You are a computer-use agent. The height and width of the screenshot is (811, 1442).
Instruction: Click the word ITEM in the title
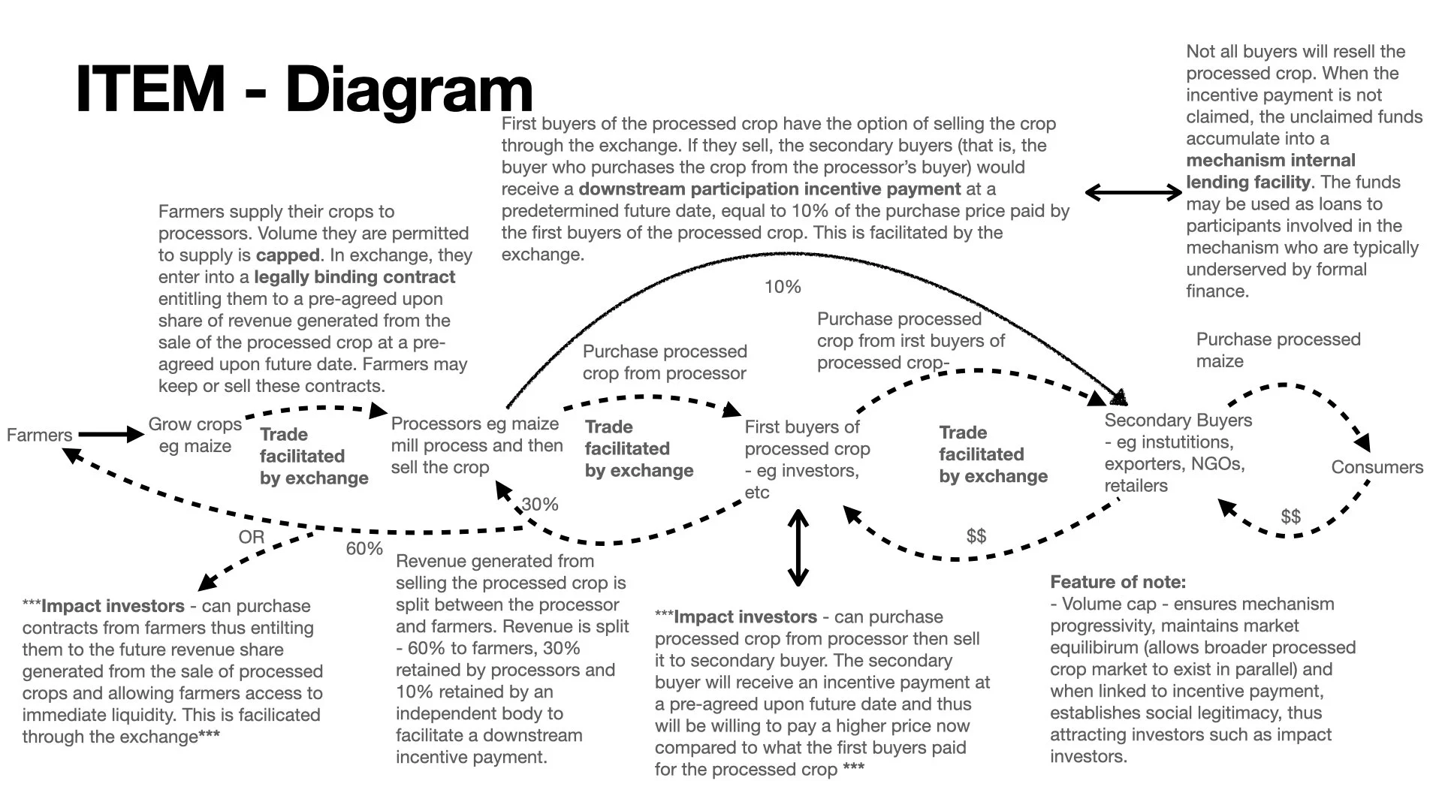pyautogui.click(x=150, y=89)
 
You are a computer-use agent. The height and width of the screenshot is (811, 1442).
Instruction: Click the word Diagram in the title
pyautogui.click(x=409, y=89)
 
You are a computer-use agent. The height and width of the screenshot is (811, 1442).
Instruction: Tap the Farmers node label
pyautogui.click(x=39, y=435)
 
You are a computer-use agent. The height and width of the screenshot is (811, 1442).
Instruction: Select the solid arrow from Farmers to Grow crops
pyautogui.click(x=110, y=434)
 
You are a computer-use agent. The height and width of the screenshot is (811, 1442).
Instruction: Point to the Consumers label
pyautogui.click(x=1377, y=467)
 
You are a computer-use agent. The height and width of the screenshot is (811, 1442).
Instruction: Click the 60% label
pyautogui.click(x=364, y=549)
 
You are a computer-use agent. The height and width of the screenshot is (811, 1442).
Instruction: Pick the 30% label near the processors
pyautogui.click(x=540, y=505)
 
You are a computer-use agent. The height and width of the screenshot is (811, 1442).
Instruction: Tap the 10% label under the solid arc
pyautogui.click(x=783, y=287)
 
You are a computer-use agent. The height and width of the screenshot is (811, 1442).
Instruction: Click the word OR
pyautogui.click(x=252, y=538)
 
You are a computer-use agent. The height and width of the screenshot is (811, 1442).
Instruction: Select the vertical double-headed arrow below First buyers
pyautogui.click(x=798, y=547)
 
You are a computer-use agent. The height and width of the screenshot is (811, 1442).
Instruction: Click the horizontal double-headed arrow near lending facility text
pyautogui.click(x=1133, y=193)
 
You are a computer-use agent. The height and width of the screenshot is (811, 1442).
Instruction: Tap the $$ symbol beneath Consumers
pyautogui.click(x=1290, y=517)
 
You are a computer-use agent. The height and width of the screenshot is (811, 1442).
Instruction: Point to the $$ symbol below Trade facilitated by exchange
pyautogui.click(x=976, y=536)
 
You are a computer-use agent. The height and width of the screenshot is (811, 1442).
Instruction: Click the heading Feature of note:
pyautogui.click(x=1118, y=582)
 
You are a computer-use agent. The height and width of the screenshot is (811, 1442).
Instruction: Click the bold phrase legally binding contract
pyautogui.click(x=354, y=277)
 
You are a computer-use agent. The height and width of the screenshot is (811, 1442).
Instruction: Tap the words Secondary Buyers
pyautogui.click(x=1178, y=421)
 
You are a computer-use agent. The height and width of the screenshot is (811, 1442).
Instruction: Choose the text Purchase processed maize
pyautogui.click(x=1278, y=350)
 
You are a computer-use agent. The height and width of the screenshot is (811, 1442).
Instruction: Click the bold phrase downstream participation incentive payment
pyautogui.click(x=770, y=189)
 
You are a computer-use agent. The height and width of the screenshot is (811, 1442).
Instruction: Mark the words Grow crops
pyautogui.click(x=195, y=424)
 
